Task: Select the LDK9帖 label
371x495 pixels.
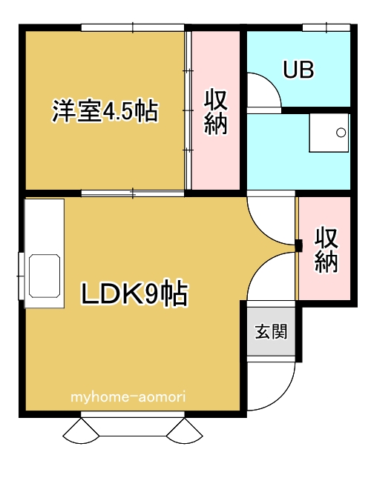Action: (x=134, y=294)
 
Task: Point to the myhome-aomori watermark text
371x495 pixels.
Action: (x=128, y=397)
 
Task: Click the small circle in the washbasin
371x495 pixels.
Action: (x=341, y=133)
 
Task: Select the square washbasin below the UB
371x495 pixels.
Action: (x=329, y=133)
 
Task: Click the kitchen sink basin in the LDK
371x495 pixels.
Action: (x=45, y=275)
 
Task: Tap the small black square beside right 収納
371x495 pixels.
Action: (x=298, y=246)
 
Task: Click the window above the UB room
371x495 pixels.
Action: (x=326, y=28)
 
